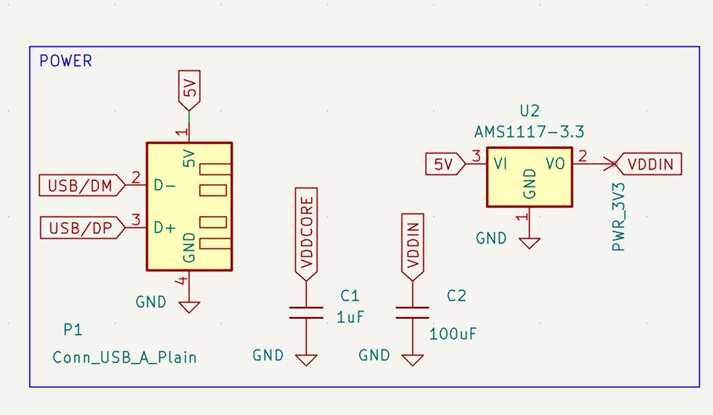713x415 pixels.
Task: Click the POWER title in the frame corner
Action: click(x=66, y=61)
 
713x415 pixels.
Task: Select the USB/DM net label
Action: click(x=81, y=186)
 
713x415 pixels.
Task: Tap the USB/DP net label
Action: click(x=81, y=228)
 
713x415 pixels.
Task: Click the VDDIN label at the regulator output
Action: click(x=651, y=164)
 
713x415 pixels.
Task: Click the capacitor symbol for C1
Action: click(x=306, y=312)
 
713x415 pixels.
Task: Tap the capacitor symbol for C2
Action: click(x=412, y=312)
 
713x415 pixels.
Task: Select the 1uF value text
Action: click(x=350, y=317)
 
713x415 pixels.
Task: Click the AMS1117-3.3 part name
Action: click(x=529, y=132)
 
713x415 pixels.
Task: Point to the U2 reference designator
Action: click(x=529, y=111)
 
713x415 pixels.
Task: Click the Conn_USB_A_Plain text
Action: click(x=125, y=357)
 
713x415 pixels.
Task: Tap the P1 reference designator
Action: click(x=73, y=330)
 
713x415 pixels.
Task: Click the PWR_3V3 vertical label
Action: click(x=619, y=217)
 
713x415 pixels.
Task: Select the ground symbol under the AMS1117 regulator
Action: click(x=530, y=242)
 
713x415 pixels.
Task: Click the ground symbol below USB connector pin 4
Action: click(x=189, y=306)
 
